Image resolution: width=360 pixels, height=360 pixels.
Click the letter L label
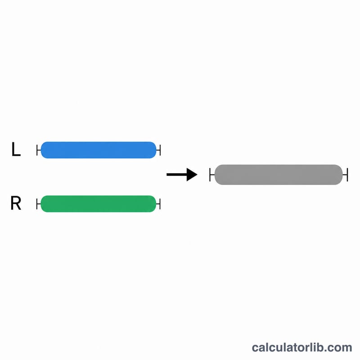[x=16, y=149]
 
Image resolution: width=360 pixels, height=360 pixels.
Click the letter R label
[x=16, y=203]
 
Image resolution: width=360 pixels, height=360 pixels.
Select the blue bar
[x=99, y=150]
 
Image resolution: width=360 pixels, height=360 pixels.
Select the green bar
[x=99, y=204]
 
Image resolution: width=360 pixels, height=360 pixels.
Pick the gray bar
[x=279, y=175]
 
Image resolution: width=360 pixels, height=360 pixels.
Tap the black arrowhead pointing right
[x=192, y=175]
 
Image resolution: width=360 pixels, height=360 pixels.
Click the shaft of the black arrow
[x=177, y=175]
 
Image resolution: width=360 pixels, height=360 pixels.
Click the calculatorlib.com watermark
[x=302, y=347]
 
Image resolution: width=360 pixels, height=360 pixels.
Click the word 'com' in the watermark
[x=341, y=348]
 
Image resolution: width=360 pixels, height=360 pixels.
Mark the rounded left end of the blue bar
[x=44, y=150]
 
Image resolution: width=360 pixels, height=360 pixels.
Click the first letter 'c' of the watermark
[x=255, y=348]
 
